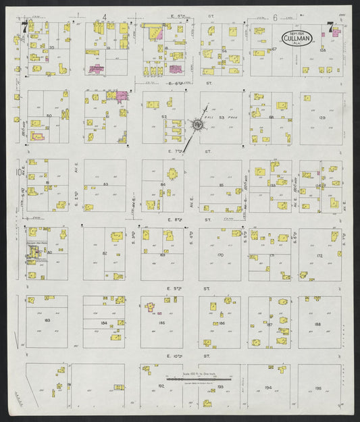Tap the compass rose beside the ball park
pyautogui.click(x=197, y=124)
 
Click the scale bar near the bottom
pyautogui.click(x=199, y=379)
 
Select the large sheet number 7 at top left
pyautogui.click(x=25, y=28)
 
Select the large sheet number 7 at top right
pyautogui.click(x=330, y=28)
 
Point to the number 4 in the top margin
pyautogui.click(x=105, y=17)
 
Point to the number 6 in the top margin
pyautogui.click(x=275, y=18)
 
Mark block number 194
pyautogui.click(x=268, y=388)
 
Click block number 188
pyautogui.click(x=319, y=323)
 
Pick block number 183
pyautogui.click(x=47, y=320)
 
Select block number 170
pyautogui.click(x=220, y=256)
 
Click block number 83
pyautogui.click(x=105, y=184)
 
